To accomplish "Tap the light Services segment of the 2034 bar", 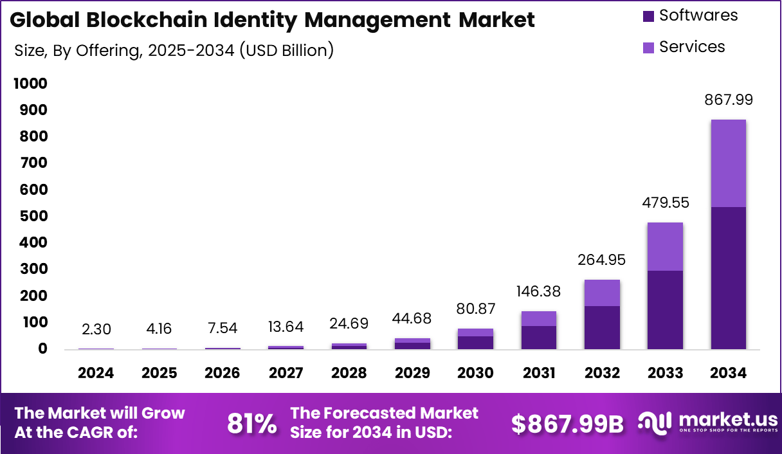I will point(729,163).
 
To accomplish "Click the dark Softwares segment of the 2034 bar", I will point(729,278).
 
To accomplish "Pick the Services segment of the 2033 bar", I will point(666,246).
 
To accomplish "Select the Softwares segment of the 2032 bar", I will point(603,327).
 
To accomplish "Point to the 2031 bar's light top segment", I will point(539,318).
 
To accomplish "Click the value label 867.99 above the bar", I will point(728,100).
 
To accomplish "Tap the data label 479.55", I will point(665,203).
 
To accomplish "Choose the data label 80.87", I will point(476,309).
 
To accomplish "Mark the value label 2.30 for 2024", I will point(96,329).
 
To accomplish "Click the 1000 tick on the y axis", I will point(29,84).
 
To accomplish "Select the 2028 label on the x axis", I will point(349,373).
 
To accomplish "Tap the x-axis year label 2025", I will point(159,373).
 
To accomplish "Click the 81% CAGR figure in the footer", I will point(252,424).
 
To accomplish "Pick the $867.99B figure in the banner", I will point(568,424).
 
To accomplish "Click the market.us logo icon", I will point(654,422).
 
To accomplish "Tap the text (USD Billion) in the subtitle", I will point(286,50).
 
